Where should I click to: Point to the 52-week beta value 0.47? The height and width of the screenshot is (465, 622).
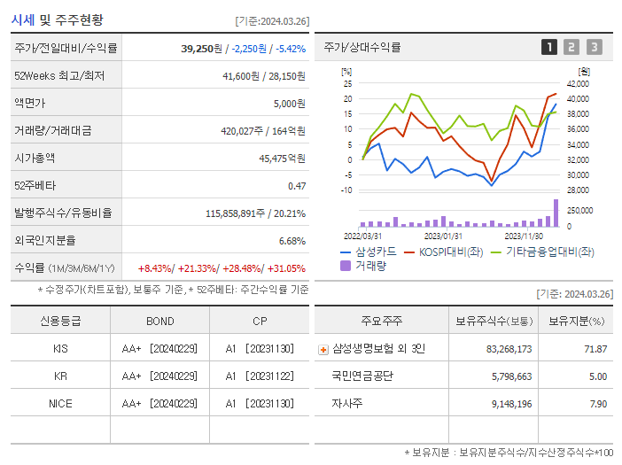click(x=296, y=186)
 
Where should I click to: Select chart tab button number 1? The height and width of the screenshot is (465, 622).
click(x=549, y=47)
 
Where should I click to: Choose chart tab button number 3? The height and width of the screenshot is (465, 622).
click(x=594, y=47)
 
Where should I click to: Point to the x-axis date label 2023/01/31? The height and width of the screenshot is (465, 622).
click(x=443, y=236)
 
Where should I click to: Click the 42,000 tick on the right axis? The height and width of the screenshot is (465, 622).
click(x=577, y=83)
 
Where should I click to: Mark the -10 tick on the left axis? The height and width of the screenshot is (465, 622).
click(x=346, y=190)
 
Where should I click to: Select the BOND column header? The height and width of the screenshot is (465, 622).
click(x=159, y=321)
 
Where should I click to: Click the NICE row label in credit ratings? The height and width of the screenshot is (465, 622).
click(x=60, y=403)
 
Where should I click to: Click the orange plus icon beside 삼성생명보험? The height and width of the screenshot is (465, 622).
click(x=323, y=349)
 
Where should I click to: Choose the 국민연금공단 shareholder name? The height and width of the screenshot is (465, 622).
click(x=362, y=376)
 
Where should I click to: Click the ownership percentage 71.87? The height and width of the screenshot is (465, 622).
click(x=595, y=349)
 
